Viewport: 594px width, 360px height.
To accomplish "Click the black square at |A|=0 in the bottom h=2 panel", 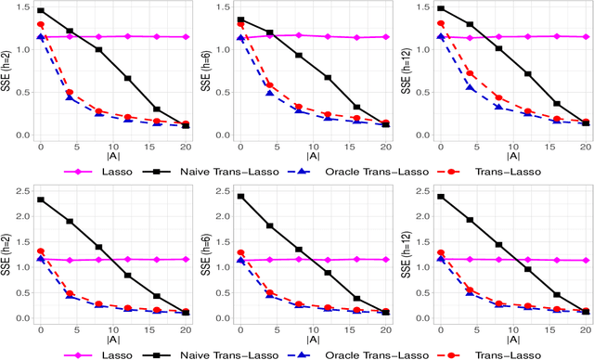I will coord(40,199).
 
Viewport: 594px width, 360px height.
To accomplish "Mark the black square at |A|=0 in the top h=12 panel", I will coord(440,8).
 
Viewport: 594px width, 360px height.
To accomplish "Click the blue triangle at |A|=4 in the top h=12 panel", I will coord(470,88).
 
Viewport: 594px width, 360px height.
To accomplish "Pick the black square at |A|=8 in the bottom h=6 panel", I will coord(298,250).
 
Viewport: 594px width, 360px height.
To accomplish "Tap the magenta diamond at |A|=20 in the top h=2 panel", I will coord(187,37).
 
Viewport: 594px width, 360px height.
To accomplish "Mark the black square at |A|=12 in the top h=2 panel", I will coord(128,79).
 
